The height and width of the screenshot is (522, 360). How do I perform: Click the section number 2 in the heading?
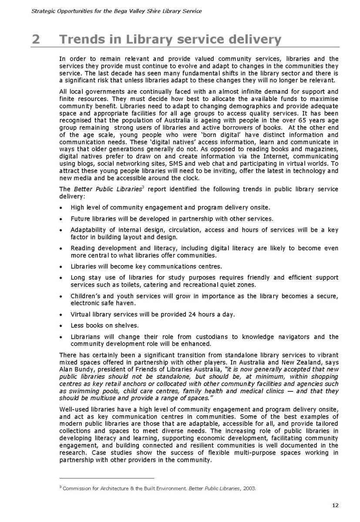[36, 39]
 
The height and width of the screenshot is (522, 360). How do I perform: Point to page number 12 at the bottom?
[335, 505]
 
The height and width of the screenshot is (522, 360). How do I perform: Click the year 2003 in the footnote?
[249, 488]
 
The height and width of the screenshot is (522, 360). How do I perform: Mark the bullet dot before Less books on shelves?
[61, 326]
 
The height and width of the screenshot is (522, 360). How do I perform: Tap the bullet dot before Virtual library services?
[61, 315]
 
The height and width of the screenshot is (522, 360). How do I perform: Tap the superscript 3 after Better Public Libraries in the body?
[143, 188]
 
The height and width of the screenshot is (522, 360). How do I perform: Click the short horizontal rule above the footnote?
[107, 478]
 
